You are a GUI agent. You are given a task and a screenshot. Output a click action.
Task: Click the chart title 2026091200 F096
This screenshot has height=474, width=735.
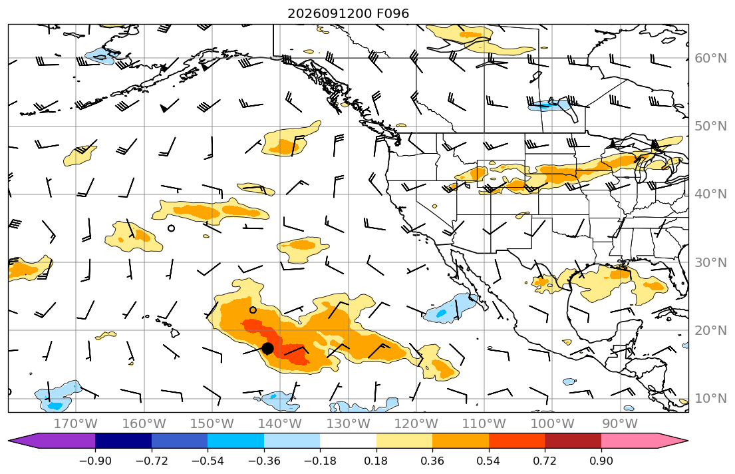tap(348, 13)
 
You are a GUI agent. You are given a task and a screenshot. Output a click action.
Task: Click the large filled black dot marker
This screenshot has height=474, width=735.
tap(267, 348)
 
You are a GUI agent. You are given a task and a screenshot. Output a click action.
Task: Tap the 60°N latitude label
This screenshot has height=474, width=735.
tap(710, 59)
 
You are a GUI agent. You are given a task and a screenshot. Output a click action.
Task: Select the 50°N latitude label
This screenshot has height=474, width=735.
tap(710, 126)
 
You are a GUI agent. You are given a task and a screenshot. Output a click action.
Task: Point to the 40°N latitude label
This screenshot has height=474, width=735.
tap(710, 194)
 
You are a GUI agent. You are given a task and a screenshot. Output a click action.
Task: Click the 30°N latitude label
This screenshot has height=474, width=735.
tap(710, 262)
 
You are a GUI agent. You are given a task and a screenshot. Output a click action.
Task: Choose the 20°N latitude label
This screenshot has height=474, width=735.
tap(710, 330)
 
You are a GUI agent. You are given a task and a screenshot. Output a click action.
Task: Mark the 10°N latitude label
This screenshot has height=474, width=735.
tap(710, 399)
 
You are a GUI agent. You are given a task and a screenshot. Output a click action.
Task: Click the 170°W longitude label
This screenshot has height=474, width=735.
tap(76, 424)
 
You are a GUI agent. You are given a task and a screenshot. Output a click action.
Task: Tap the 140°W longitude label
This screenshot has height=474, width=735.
tap(280, 424)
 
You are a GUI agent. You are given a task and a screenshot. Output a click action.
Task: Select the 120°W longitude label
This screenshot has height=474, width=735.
tap(416, 424)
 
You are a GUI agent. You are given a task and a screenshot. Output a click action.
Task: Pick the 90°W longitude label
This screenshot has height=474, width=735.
tap(620, 424)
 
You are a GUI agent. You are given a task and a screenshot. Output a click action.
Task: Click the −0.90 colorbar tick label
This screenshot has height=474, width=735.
tap(95, 461)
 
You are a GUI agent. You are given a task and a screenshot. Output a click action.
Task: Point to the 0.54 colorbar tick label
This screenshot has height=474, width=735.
tap(488, 461)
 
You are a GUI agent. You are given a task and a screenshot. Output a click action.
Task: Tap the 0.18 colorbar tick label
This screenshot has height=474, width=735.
tap(376, 461)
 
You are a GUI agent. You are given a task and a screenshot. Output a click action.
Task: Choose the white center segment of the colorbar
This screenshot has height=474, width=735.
tap(348, 441)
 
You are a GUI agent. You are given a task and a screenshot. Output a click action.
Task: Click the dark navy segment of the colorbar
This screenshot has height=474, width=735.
tap(123, 441)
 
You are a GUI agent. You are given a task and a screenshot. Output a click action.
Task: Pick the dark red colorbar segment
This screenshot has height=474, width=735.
tap(573, 441)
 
